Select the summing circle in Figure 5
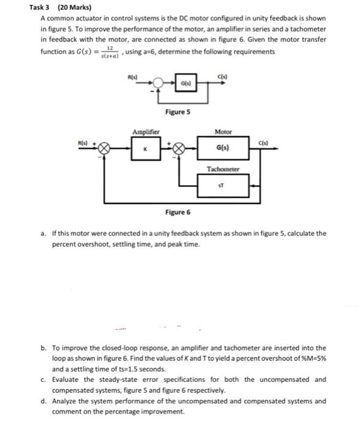click(159, 81)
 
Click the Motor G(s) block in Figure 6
click(223, 148)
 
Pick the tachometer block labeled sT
click(223, 182)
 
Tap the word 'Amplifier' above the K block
click(146, 131)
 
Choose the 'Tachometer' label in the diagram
click(223, 167)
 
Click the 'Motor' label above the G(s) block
click(223, 131)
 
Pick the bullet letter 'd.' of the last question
click(45, 401)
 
